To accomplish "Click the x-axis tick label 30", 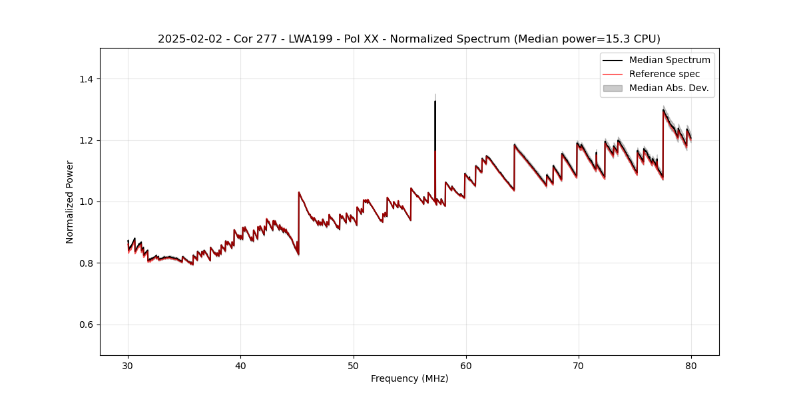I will [x=129, y=365].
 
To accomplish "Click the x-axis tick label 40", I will [x=241, y=365].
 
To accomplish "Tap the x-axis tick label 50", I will [x=354, y=365].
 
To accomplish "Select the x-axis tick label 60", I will [x=466, y=365].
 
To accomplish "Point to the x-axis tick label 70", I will [x=579, y=365].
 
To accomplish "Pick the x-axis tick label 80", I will [x=691, y=365].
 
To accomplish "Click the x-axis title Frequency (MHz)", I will [x=409, y=378].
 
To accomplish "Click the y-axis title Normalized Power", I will [x=70, y=201].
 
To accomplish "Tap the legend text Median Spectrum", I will [x=669, y=60].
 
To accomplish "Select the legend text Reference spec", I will [x=665, y=74].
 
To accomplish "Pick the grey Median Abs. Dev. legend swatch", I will [x=613, y=88].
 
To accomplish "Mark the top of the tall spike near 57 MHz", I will [x=435, y=101].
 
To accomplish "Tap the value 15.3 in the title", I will [x=627, y=39].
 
